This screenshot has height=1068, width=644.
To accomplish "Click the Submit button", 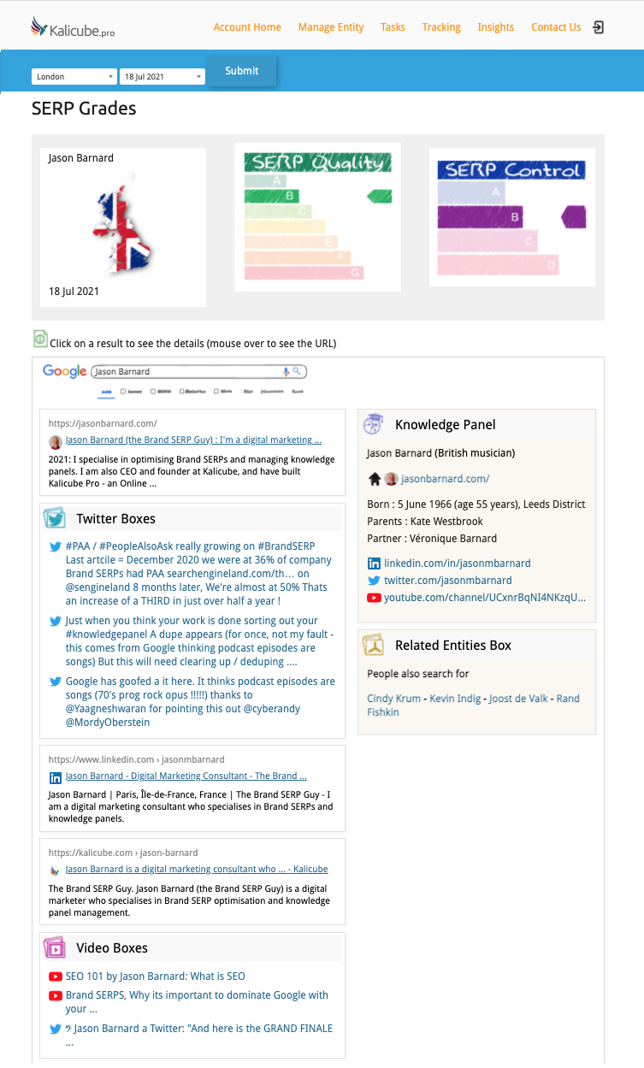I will pos(242,71).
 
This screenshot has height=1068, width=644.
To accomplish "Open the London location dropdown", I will pos(74,77).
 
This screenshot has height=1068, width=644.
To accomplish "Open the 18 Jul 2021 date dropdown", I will pos(162,77).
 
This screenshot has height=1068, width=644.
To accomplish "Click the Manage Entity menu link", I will pos(331,27).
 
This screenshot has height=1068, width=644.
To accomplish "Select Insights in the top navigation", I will pos(496,27).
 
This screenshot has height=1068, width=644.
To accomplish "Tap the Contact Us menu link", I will pos(556,27).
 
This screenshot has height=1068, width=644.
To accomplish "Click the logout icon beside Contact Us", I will pos(599,27).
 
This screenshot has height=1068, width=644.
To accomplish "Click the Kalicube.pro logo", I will pos(72,28).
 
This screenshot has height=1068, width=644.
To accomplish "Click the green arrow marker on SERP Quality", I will pos(379,197).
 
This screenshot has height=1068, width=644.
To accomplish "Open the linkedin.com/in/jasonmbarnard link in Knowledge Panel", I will pos(457,564).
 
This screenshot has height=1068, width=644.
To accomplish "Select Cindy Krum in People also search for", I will pos(394,699).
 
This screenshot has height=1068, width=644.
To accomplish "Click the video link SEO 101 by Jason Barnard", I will pos(156,977).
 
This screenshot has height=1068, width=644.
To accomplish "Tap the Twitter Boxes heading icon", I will pos(55,519).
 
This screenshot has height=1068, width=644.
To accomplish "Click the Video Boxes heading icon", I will pos(55,948).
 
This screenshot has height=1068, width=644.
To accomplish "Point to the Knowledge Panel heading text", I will pos(445,425).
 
